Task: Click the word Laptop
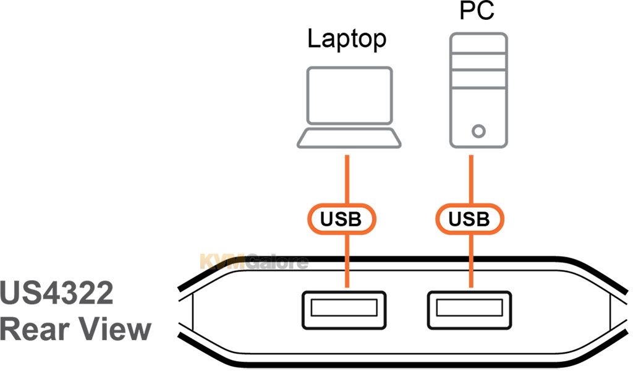click(x=347, y=40)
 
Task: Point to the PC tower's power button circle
click(x=478, y=131)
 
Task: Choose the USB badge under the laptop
click(x=342, y=219)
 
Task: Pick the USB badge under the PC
click(x=470, y=219)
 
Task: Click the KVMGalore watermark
click(x=253, y=262)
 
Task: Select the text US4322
click(x=57, y=293)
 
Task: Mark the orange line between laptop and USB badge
click(x=347, y=179)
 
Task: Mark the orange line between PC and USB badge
click(x=471, y=179)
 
